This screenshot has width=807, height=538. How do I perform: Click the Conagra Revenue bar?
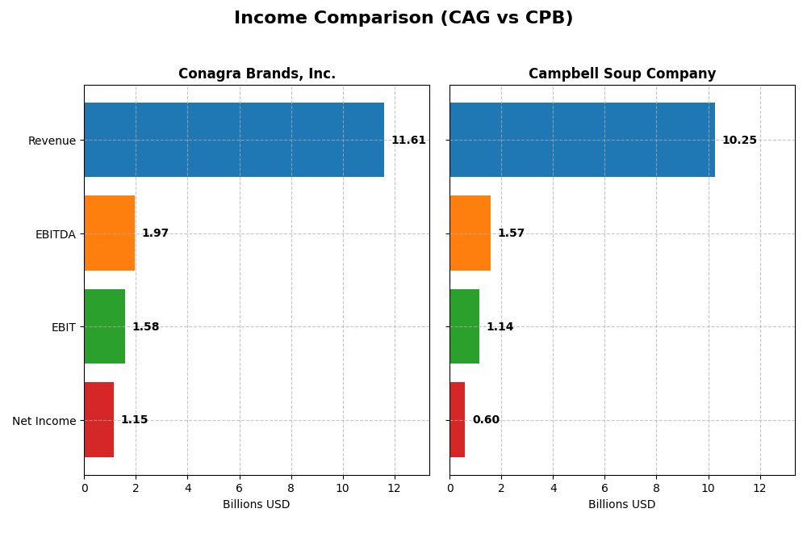pos(234,140)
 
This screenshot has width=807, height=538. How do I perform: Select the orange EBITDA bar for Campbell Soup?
pos(470,233)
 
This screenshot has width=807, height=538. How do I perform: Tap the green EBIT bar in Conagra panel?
pos(104,326)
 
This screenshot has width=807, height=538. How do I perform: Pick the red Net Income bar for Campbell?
pos(458,419)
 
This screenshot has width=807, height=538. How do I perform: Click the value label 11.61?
pos(408,141)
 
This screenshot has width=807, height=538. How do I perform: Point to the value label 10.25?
pos(739,141)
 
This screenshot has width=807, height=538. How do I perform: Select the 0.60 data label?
pos(486,420)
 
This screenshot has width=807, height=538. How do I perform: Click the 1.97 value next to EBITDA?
pos(155,233)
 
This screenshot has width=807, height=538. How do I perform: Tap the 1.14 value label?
pos(500,327)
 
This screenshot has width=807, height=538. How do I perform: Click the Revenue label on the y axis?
pos(52,141)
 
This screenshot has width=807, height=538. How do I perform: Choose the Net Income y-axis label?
pos(44,421)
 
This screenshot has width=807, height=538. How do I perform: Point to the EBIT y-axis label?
pos(63,327)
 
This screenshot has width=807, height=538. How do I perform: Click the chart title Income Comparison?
pos(403,18)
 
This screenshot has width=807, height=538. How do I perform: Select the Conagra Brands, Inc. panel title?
pos(257,74)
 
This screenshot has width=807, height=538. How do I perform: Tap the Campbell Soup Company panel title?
pos(621,74)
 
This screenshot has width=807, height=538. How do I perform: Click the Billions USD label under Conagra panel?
pos(256,505)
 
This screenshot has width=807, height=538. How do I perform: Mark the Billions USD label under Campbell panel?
pos(621,505)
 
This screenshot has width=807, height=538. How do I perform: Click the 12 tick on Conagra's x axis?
pos(394,488)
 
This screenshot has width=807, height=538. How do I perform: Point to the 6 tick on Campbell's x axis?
pos(604,488)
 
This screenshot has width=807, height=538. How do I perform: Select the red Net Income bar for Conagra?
pos(98,419)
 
